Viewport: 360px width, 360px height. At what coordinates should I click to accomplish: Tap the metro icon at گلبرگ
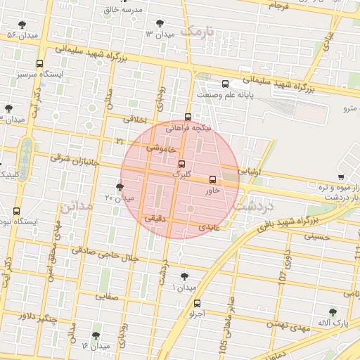point(182,163)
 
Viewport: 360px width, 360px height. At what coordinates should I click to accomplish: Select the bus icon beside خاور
point(213,179)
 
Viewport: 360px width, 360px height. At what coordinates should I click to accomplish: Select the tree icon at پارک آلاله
point(333,311)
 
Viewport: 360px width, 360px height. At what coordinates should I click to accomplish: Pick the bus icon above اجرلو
point(197,304)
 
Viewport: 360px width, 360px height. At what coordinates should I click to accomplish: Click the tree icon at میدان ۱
point(184,276)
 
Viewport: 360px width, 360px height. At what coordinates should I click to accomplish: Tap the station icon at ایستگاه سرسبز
point(39,63)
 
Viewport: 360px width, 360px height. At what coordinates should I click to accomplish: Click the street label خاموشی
point(161,148)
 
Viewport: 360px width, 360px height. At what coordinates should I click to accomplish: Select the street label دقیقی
point(155,219)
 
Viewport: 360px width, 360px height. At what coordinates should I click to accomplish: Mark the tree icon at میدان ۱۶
point(96,335)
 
